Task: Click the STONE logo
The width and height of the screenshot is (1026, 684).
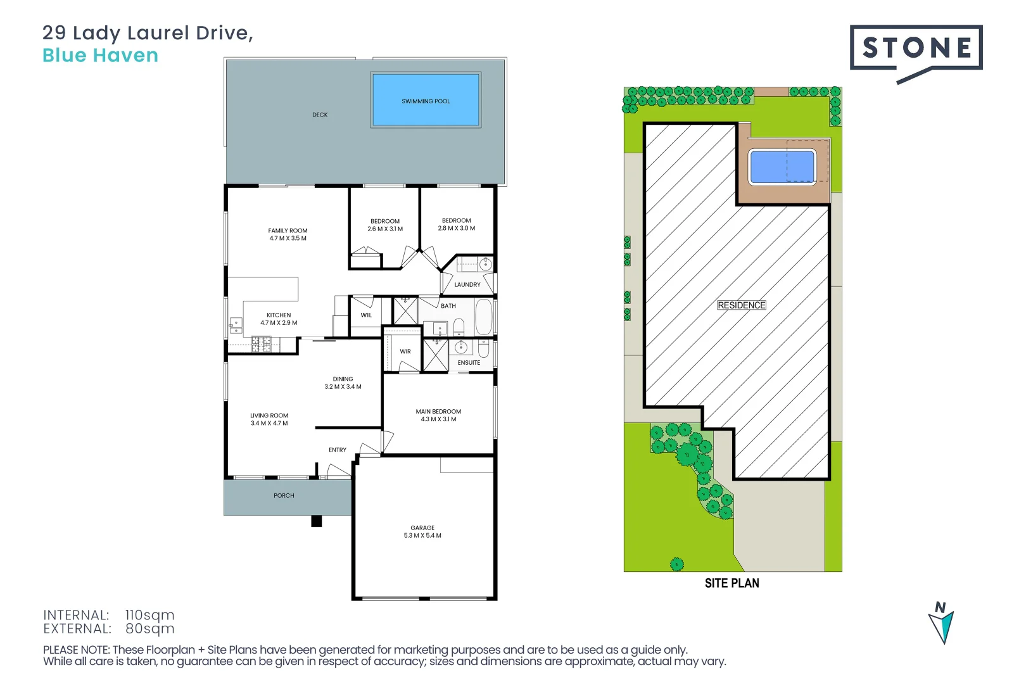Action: (916, 48)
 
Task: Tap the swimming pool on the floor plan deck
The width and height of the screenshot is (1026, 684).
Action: (426, 100)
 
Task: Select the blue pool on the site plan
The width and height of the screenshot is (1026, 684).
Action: (782, 167)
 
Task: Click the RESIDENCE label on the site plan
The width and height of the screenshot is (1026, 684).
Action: (741, 305)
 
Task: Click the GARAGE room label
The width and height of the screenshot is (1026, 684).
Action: (422, 528)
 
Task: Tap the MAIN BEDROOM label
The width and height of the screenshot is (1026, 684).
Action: (438, 412)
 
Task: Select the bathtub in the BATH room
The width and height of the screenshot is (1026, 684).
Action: (484, 317)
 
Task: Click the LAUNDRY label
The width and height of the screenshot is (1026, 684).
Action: (467, 285)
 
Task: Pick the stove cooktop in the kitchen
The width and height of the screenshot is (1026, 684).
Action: (261, 345)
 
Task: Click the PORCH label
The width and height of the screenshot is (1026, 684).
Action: (284, 496)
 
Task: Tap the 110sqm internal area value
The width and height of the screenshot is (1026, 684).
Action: (149, 615)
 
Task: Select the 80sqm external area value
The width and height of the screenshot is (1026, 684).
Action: (149, 629)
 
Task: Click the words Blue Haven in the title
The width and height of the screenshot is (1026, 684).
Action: (100, 56)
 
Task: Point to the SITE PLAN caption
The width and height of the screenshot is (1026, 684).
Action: (731, 583)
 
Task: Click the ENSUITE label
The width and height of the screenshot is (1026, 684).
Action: (469, 363)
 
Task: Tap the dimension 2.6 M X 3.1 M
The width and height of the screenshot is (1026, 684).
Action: (385, 229)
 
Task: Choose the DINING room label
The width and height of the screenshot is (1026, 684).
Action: (343, 379)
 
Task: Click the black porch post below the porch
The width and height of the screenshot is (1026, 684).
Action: (317, 521)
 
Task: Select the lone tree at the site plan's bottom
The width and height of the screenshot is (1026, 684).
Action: (677, 564)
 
